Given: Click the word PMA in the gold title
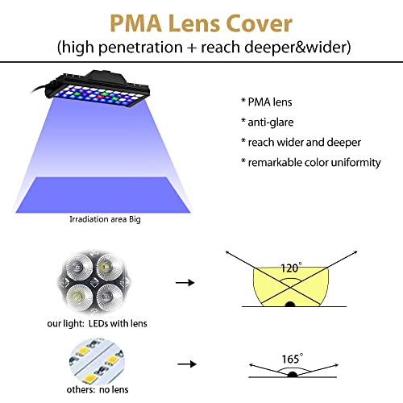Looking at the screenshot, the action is coord(135,23).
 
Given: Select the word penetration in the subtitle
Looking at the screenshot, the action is coord(141,48).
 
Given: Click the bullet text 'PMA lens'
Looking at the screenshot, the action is coord(270,102).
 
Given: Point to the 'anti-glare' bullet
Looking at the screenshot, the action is coord(271,123).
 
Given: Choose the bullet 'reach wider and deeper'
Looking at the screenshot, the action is coord(305,143).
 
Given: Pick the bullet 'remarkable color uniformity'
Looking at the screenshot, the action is coord(314,163).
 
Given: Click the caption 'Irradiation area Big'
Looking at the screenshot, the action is coord(105,219).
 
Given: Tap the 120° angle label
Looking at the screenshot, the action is coord(291,268).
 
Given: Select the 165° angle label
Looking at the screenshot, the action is coord(293,359).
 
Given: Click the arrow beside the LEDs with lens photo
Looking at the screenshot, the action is coord(185,283).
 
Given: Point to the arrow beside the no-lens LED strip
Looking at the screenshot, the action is coord(187,364).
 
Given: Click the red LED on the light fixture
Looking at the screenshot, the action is coord(101,97).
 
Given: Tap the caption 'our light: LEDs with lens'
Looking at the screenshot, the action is coord(97,323).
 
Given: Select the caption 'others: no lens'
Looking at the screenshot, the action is coord(98,389).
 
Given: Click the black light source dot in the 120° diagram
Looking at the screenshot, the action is coord(290,305).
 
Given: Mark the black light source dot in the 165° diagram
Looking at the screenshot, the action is coord(293,374).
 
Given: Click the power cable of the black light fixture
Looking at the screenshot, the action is coord(39,89).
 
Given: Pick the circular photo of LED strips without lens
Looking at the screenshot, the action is coord(97,361).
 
